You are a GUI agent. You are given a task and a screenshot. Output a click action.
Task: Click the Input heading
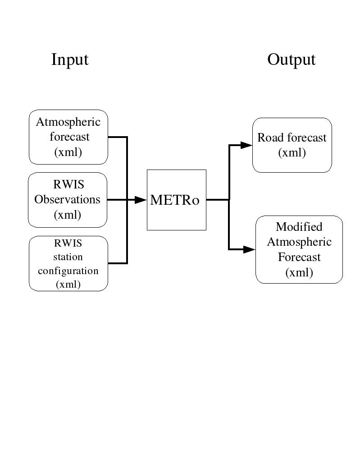point(69,60)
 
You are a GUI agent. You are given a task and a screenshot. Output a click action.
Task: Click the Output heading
point(291,60)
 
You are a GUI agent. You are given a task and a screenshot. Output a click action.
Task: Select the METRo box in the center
point(176,200)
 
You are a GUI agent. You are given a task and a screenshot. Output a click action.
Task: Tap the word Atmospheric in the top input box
point(68,122)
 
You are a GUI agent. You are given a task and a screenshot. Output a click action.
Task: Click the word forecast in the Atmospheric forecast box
point(69,137)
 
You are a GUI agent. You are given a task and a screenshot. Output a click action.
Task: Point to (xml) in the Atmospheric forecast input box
point(68,152)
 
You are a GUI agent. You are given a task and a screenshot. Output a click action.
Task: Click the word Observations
point(67,199)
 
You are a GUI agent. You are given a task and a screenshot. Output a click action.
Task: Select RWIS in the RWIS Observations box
point(68,184)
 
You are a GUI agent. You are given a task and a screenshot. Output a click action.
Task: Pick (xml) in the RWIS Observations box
point(67,215)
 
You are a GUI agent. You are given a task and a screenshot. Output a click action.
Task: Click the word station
point(68,257)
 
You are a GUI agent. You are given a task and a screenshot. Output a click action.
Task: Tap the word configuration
point(68,271)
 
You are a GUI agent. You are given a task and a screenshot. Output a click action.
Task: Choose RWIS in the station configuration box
point(68,243)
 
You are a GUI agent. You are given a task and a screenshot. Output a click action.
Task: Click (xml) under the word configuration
point(68,284)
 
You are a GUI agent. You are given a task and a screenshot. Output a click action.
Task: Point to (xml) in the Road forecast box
point(292,153)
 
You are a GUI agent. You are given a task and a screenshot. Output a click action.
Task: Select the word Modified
point(299,226)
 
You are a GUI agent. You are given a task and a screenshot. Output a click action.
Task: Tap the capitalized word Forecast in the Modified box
point(299,257)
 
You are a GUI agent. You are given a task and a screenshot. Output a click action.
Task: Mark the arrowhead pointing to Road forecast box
point(246,145)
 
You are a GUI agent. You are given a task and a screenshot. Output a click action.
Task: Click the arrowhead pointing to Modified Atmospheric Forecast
point(249,249)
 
